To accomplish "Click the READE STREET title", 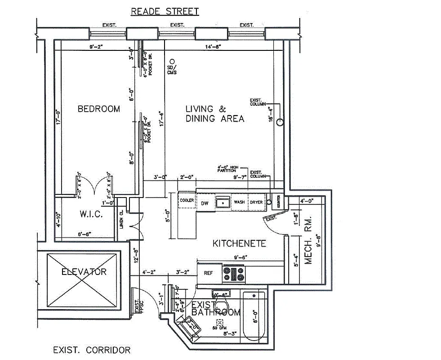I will click(x=165, y=11).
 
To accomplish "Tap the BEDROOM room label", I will click(x=99, y=109).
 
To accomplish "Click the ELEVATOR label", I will click(x=84, y=272).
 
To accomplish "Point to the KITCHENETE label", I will click(x=239, y=243).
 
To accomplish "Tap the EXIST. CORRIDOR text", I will click(x=92, y=350).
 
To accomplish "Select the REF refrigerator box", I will click(x=209, y=273).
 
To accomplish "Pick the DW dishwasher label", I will click(x=205, y=202).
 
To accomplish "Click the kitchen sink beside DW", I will click(x=223, y=203).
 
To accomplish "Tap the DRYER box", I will click(x=256, y=202).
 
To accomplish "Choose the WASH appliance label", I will click(x=239, y=202).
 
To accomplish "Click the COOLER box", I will click(x=187, y=201).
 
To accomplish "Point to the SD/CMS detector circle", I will click(x=171, y=61).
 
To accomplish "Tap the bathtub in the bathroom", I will click(x=254, y=315).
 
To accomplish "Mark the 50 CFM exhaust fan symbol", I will click(x=220, y=322).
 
